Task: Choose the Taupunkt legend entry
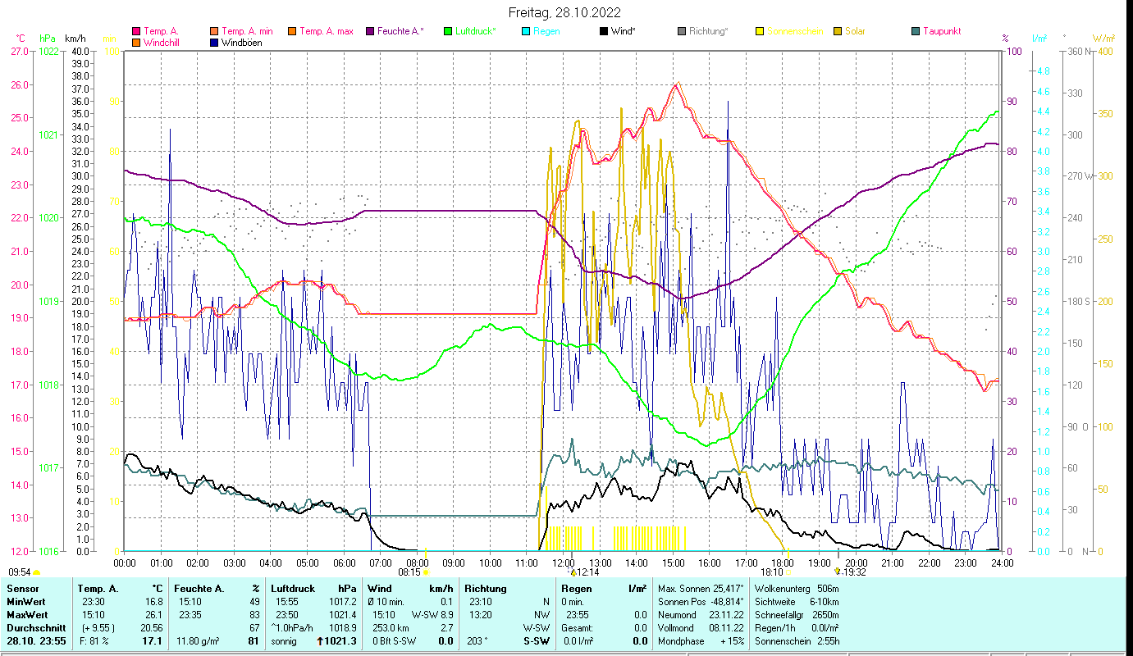click(941, 31)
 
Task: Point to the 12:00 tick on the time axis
click(564, 563)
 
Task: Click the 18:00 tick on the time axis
click(783, 563)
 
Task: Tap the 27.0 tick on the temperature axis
click(19, 51)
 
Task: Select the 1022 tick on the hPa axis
click(48, 51)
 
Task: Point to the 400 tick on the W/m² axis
click(1105, 51)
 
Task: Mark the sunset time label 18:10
click(772, 572)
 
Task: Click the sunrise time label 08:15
click(409, 572)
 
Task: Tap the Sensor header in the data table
click(22, 588)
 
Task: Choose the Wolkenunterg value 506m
click(833, 588)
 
